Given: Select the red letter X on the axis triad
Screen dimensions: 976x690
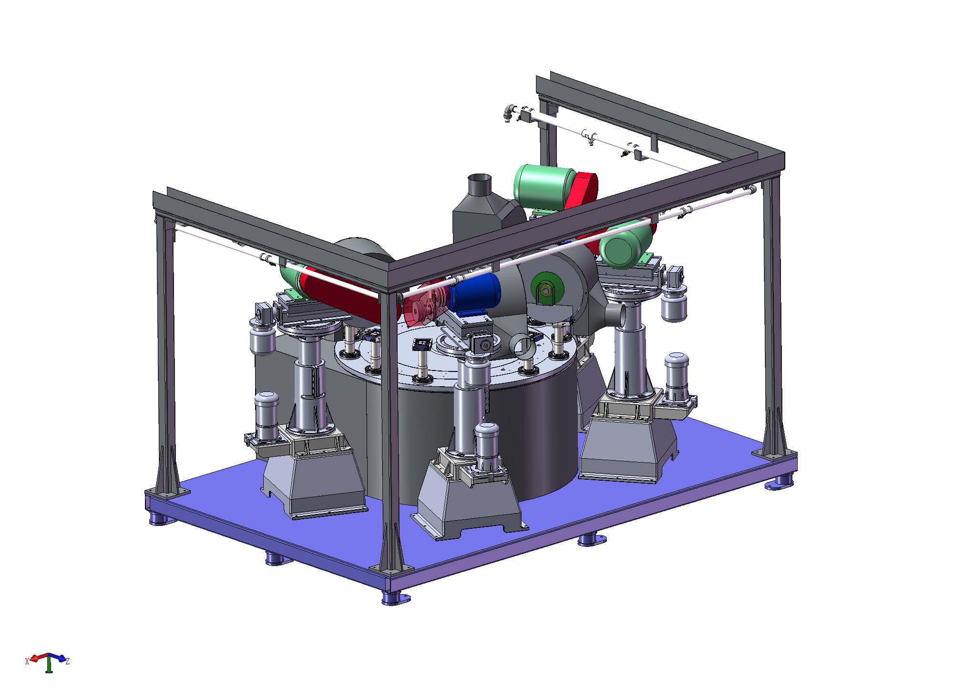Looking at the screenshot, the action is pyautogui.click(x=27, y=661).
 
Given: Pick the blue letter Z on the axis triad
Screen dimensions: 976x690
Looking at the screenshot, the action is pyautogui.click(x=68, y=661).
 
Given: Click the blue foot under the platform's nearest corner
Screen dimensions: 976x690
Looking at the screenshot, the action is pyautogui.click(x=396, y=598).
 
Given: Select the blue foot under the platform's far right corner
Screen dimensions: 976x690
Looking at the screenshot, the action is pyautogui.click(x=780, y=484).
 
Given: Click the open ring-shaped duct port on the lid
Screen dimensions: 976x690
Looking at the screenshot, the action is pyautogui.click(x=524, y=347).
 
